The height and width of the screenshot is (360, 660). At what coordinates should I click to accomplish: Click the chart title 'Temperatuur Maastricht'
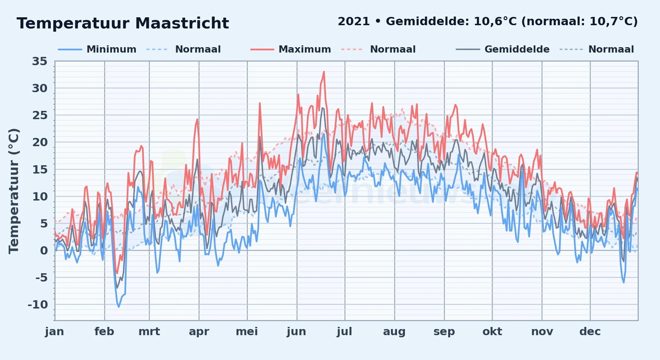tap(122, 23)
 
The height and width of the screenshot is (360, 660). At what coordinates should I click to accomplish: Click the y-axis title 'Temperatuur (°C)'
tap(14, 191)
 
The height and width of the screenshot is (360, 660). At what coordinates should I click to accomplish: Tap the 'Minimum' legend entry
tap(97, 49)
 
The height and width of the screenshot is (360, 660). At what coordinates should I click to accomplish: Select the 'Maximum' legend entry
tap(290, 49)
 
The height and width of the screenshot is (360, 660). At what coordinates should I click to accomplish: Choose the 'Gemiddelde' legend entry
tap(503, 49)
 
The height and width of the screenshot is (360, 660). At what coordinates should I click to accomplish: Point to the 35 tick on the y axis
tap(40, 61)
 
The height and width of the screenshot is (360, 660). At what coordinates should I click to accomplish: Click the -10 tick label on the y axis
tap(38, 305)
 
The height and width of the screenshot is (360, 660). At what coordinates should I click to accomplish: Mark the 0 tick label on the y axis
tap(44, 251)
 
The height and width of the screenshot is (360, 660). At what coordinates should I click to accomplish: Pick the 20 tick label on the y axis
tap(40, 142)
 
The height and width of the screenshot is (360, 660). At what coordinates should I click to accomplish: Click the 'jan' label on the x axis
tap(55, 332)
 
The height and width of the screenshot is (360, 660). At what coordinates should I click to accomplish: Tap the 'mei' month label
tap(247, 332)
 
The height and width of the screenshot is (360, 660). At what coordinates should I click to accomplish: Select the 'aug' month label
tap(394, 332)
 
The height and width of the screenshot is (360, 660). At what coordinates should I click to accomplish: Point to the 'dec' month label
tap(590, 332)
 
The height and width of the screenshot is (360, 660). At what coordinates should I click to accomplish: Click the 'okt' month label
tap(492, 332)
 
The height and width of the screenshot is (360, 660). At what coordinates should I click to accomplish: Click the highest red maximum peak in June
tap(324, 72)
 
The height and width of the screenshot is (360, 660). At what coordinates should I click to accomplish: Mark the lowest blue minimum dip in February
tap(119, 307)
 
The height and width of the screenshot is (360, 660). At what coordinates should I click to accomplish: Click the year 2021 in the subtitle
tap(354, 22)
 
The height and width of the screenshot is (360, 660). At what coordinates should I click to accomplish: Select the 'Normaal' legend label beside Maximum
tap(393, 49)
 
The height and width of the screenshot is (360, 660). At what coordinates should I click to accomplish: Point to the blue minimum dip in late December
tap(624, 282)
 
